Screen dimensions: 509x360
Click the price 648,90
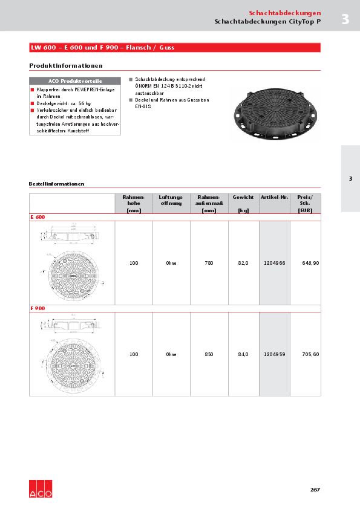(310, 263)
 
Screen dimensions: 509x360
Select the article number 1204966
(275, 263)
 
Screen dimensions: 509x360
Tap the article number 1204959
(275, 354)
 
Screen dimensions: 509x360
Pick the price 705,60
(310, 354)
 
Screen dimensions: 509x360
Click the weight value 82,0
(243, 263)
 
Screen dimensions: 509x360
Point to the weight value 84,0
(243, 354)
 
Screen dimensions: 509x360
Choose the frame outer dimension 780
(209, 263)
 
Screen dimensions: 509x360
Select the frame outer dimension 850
(209, 354)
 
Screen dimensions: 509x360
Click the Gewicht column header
(243, 198)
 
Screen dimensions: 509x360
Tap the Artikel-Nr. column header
(275, 198)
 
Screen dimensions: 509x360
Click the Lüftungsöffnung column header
(171, 201)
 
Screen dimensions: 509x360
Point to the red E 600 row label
(38, 217)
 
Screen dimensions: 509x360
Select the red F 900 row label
(38, 308)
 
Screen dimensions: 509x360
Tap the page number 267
(315, 489)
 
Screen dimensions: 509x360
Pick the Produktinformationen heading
(65, 65)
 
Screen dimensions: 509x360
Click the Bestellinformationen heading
(56, 183)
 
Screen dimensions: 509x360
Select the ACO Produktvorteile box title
(75, 81)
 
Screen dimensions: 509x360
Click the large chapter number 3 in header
(345, 19)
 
